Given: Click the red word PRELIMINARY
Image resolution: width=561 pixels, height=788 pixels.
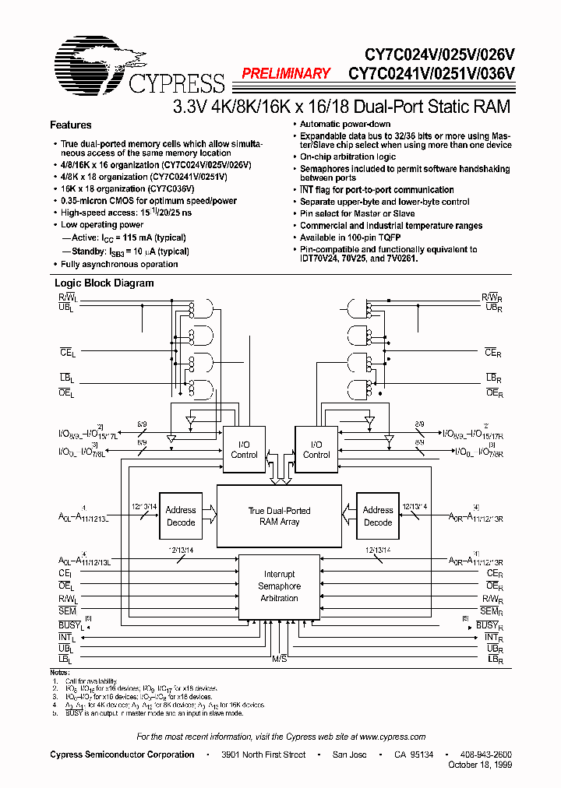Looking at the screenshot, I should (286, 74).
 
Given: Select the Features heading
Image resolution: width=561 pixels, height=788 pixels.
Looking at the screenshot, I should (71, 125).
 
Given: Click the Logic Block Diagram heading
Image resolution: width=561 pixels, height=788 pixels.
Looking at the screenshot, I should (103, 283).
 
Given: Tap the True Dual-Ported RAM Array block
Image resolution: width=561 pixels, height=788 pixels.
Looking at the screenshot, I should (279, 515).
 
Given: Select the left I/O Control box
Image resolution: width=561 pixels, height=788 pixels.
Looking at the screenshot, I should (244, 449).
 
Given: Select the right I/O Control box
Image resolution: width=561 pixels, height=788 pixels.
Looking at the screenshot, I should (316, 449).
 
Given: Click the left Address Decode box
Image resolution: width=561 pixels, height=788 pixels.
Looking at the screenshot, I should (181, 515).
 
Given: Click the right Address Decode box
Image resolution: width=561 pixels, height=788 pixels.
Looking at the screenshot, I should (378, 515).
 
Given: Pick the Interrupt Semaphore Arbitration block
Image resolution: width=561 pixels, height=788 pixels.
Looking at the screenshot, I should (279, 586).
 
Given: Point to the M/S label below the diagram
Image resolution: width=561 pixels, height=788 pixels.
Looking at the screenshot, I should (279, 659).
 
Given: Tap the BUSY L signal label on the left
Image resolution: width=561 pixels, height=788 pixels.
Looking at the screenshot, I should (70, 625).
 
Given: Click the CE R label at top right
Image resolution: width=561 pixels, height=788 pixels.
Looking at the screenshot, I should (492, 353).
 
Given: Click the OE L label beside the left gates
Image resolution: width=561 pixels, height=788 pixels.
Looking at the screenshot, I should (66, 394).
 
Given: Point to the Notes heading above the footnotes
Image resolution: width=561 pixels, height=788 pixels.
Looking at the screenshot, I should (59, 671).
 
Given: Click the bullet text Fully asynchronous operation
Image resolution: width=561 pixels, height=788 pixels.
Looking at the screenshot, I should (120, 264).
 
